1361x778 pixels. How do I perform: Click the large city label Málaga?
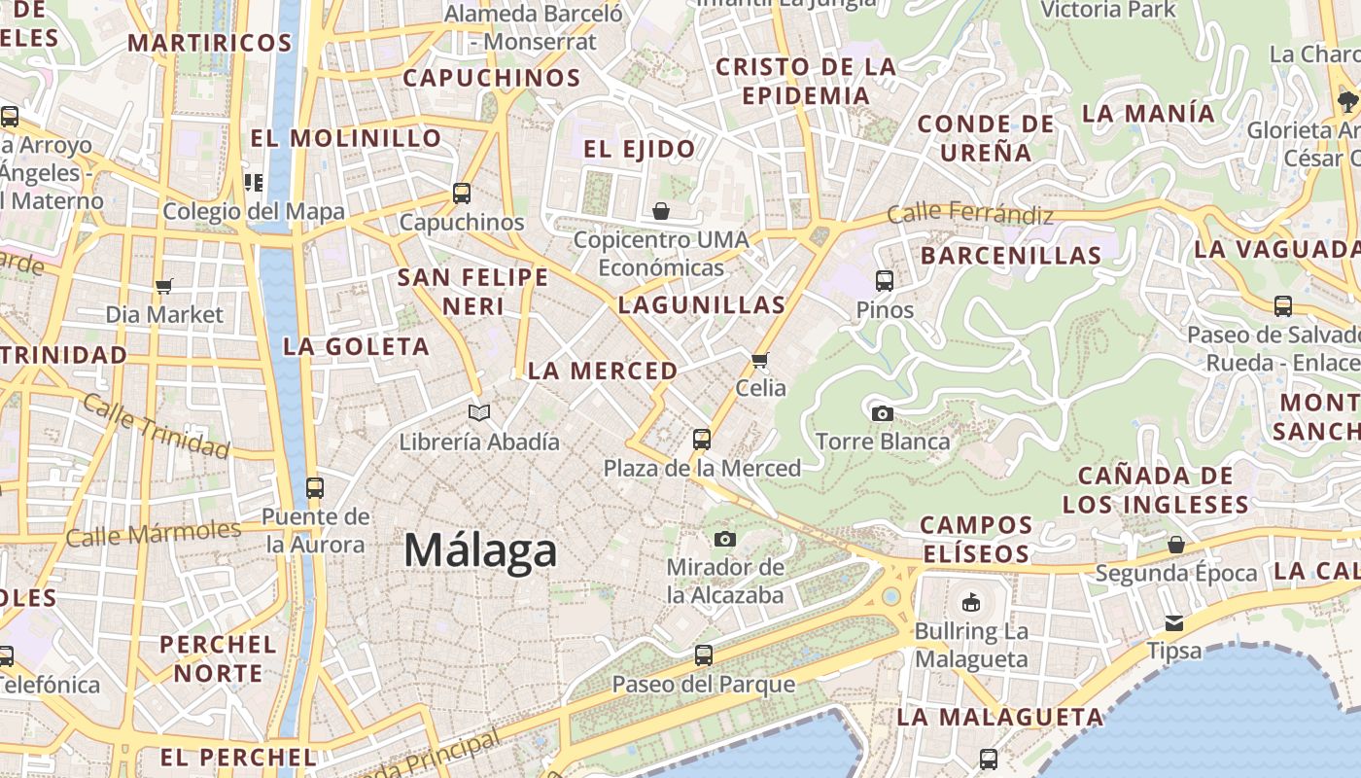pos(480,550)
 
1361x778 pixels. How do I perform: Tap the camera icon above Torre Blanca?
pos(882,413)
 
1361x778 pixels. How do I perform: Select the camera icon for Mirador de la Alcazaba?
pos(724,539)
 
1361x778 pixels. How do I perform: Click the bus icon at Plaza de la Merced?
pos(702,440)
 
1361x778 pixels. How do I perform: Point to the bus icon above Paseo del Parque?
pos(703,655)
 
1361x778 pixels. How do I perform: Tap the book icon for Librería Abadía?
pos(479,412)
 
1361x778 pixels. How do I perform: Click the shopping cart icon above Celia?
pos(760,360)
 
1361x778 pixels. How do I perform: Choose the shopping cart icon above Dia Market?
pos(163,286)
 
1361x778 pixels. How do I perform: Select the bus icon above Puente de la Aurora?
pos(314,487)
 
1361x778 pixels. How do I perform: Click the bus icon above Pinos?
pos(885,281)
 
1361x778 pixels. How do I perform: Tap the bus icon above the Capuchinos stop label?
pos(462,194)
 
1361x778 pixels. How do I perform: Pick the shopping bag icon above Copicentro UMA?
pos(661,211)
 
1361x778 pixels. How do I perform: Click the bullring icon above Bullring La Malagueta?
pos(970,603)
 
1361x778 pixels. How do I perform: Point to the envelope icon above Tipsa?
pos(1174,622)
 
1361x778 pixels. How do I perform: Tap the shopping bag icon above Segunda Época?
pos(1176,545)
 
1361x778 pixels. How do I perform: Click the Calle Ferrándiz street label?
pos(970,213)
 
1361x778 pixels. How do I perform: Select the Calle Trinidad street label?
pos(156,425)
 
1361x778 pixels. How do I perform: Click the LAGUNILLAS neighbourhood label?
pos(702,304)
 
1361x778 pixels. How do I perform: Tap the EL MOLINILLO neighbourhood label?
pos(346,138)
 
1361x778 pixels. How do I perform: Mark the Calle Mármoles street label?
pos(153,533)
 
